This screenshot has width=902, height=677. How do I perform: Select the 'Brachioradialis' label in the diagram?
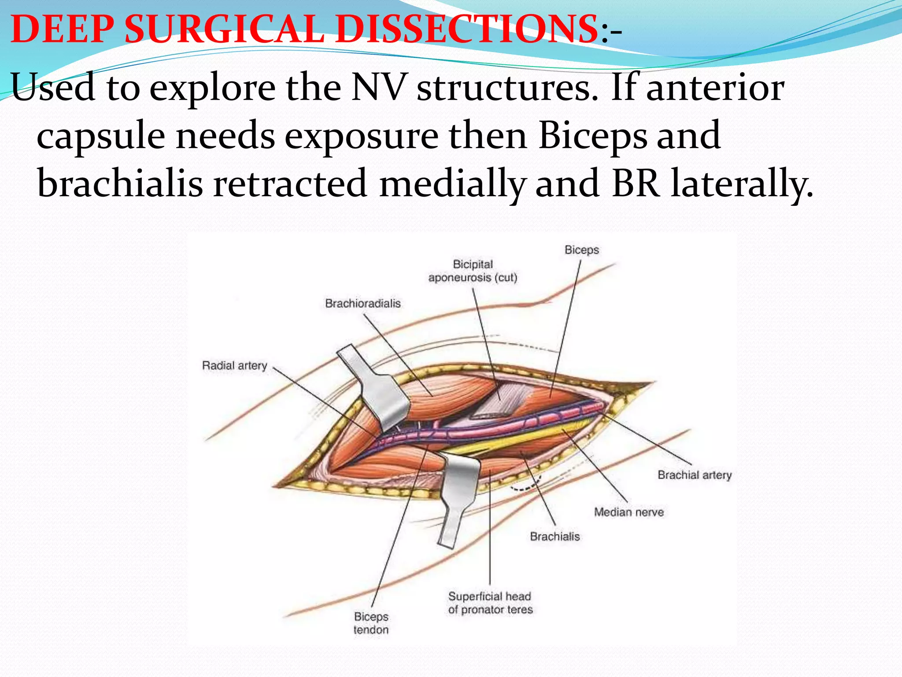tap(363, 303)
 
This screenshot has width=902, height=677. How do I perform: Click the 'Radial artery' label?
tap(234, 365)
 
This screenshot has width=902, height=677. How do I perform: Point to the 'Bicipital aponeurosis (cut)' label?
tap(473, 271)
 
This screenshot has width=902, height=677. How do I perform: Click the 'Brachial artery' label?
tap(695, 475)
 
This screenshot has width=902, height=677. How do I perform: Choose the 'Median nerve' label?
tap(628, 512)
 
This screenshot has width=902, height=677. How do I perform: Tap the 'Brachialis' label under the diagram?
tap(555, 536)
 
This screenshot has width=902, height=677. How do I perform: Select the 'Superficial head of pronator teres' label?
tap(490, 603)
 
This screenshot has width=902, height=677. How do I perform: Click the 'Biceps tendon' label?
tap(371, 623)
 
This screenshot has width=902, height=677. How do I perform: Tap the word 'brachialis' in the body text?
tap(120, 183)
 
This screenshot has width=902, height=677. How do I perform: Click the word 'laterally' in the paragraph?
tap(742, 183)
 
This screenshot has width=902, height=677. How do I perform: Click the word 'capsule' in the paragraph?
tap(101, 135)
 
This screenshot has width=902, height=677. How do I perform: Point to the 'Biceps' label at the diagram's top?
tap(582, 250)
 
